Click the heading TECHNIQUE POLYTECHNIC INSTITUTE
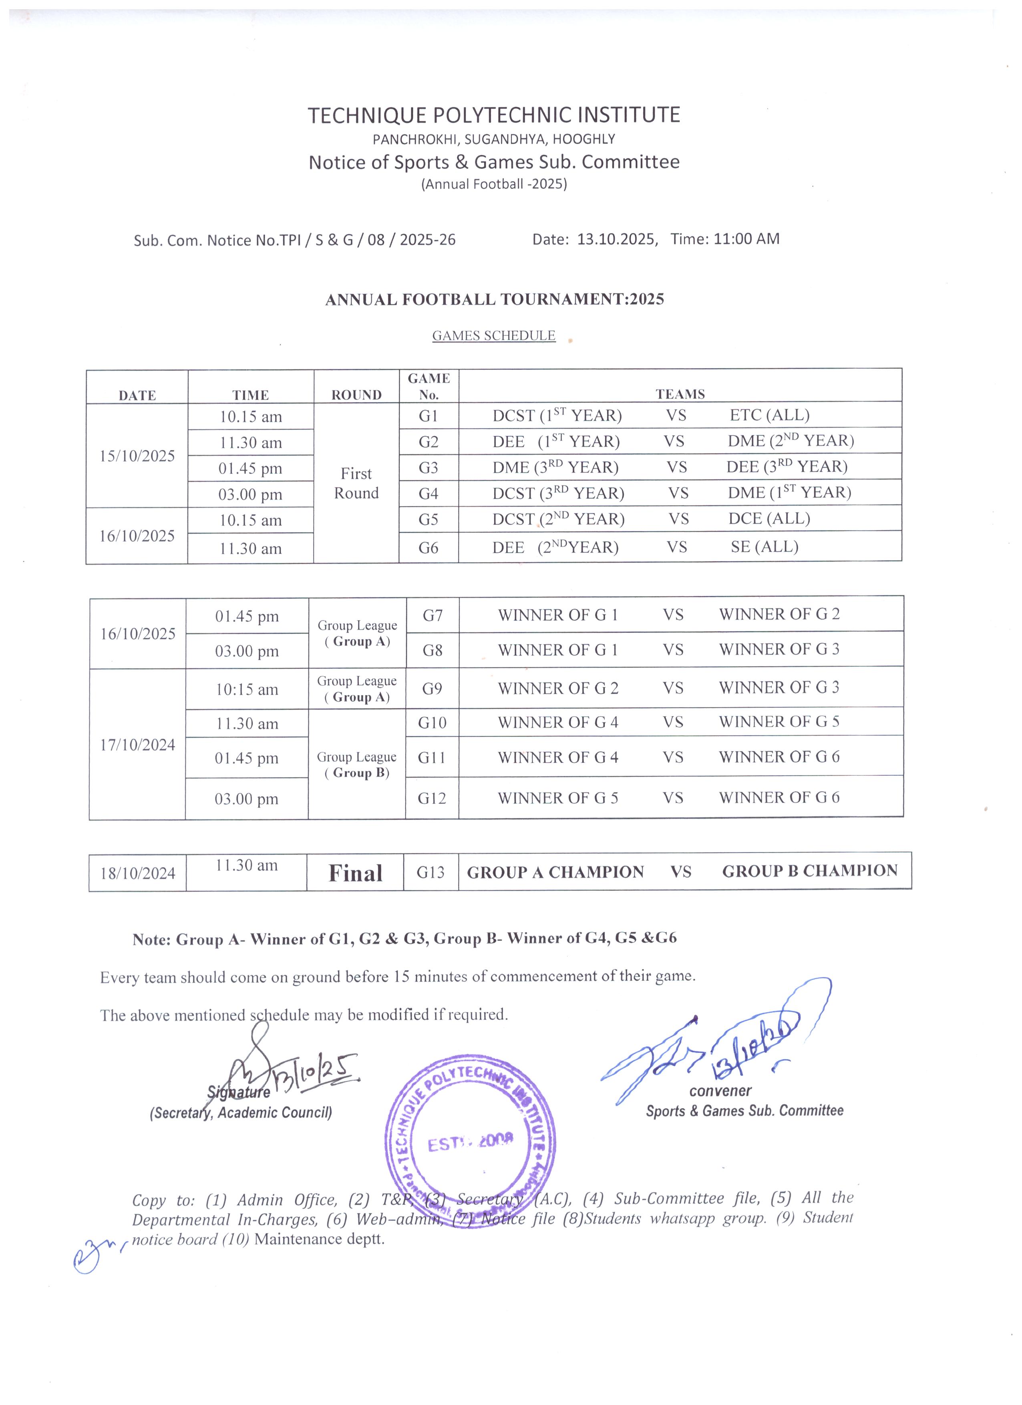494,115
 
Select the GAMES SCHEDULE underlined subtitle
493,336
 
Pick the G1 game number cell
428,415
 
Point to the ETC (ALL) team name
769,415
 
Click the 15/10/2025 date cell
137,456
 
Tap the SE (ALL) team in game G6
764,546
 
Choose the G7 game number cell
432,615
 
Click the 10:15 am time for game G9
247,689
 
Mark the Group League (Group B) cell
356,765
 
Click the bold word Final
355,873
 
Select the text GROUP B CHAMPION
809,871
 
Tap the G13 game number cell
430,872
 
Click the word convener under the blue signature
720,1091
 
